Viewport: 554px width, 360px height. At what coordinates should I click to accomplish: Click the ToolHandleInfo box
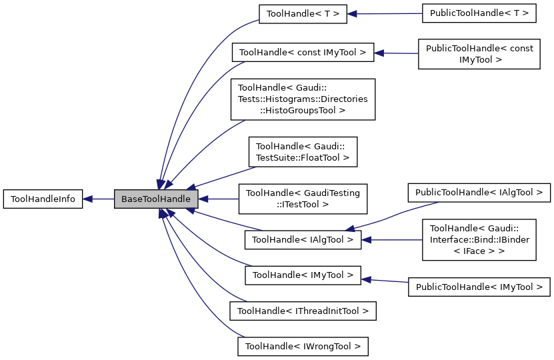(43, 199)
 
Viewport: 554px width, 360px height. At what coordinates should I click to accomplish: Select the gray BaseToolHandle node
(156, 199)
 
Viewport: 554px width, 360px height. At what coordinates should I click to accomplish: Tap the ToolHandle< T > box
(303, 13)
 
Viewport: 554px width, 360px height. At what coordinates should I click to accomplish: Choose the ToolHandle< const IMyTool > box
(303, 53)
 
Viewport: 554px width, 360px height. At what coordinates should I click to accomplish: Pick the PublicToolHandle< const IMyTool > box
(479, 53)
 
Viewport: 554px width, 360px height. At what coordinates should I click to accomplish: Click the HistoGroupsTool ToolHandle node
(303, 99)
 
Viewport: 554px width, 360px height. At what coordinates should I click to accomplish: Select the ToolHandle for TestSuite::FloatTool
(303, 152)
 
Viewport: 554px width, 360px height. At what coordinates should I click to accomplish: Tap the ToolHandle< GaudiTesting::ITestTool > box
(303, 199)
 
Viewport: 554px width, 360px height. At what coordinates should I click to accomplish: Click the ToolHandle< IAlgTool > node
(303, 239)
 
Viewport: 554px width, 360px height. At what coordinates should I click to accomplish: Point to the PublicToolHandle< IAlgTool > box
(479, 193)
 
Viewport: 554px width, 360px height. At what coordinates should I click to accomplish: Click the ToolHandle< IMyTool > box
(303, 275)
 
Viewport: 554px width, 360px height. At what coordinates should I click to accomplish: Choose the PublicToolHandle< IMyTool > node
(479, 287)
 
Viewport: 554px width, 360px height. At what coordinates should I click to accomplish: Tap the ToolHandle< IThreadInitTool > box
(303, 310)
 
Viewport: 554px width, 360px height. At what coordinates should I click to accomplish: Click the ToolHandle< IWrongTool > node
(303, 346)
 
